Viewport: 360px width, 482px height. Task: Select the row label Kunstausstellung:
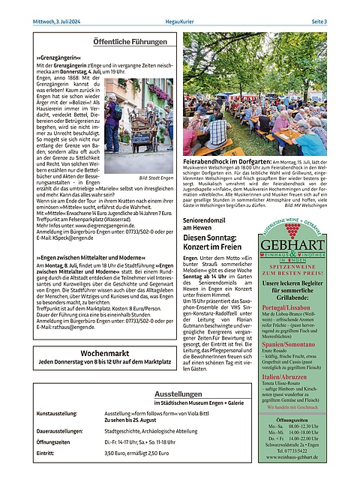(58, 413)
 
